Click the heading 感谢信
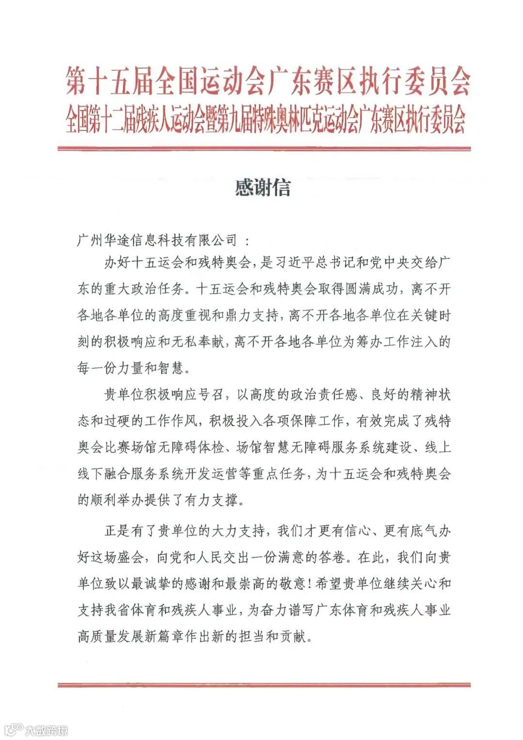coord(262,188)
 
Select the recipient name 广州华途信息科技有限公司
coord(157,240)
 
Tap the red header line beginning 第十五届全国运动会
coord(268,81)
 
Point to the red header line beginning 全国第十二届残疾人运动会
coord(265,119)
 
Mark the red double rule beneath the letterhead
coord(264,148)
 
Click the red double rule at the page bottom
coord(264,685)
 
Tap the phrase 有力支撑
coord(212,500)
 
